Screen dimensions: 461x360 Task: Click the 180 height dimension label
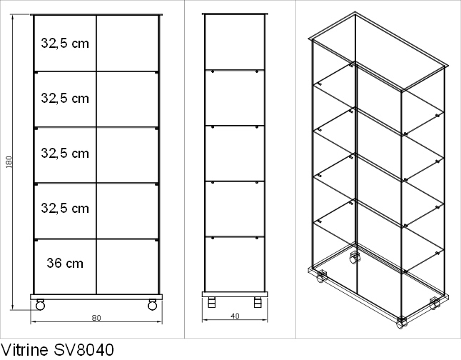click(x=9, y=162)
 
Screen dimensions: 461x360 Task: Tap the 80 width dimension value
click(x=96, y=318)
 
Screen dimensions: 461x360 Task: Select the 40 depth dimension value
click(x=235, y=316)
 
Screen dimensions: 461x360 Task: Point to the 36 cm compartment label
click(x=65, y=263)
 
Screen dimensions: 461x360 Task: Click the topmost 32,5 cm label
click(x=65, y=44)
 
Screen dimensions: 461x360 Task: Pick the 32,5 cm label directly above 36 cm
click(x=65, y=208)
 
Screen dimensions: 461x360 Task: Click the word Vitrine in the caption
click(x=24, y=350)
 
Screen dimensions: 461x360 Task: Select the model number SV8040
click(x=83, y=350)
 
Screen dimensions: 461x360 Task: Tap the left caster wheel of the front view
click(x=40, y=305)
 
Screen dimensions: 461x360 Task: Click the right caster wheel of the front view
click(x=152, y=305)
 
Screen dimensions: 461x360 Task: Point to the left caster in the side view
click(x=212, y=302)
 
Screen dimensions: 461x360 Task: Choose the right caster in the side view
click(x=258, y=302)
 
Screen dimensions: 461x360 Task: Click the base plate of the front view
click(x=96, y=296)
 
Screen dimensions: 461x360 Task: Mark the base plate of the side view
click(x=235, y=294)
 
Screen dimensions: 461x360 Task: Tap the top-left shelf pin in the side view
click(x=213, y=71)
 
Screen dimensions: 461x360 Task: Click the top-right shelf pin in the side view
click(x=257, y=71)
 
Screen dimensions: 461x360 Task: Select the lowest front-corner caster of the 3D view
click(x=400, y=323)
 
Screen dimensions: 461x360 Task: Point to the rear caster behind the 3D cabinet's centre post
click(x=355, y=258)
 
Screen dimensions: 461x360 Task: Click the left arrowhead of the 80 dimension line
click(x=33, y=321)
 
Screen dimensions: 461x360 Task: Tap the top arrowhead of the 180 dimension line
click(x=12, y=17)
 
